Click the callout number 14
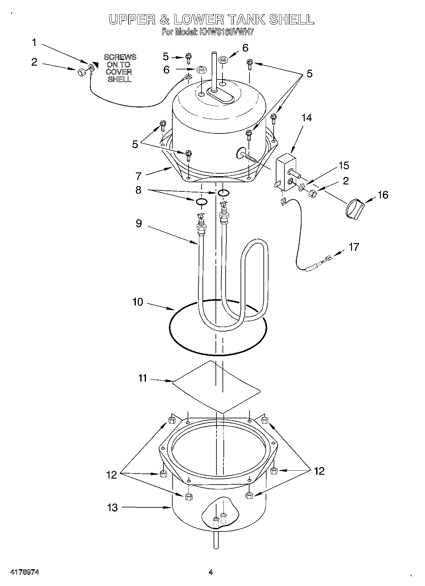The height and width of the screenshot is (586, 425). click(x=306, y=118)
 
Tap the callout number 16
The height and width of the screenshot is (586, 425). click(x=383, y=195)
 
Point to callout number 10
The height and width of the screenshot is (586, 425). click(x=138, y=302)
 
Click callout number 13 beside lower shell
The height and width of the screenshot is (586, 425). click(x=112, y=507)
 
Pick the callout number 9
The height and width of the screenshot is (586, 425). click(x=138, y=223)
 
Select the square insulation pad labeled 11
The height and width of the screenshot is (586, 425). click(x=216, y=387)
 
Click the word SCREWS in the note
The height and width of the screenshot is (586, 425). click(x=120, y=57)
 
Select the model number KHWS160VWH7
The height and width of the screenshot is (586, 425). click(x=226, y=32)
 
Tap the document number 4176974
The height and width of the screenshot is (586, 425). click(x=25, y=572)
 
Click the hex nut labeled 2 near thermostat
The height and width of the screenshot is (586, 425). click(x=312, y=193)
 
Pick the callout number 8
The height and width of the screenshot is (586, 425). click(x=138, y=190)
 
